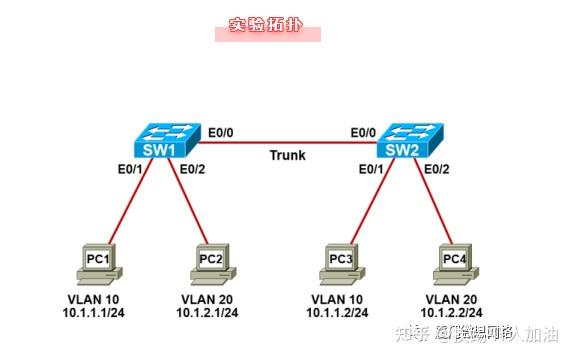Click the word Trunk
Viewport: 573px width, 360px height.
tap(288, 156)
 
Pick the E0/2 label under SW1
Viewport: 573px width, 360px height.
tap(192, 168)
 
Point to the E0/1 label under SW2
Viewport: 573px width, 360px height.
tap(372, 168)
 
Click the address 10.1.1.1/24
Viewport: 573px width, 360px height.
tap(100, 312)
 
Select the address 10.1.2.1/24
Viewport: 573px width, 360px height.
tap(210, 312)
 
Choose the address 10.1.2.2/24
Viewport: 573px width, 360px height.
tap(455, 312)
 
